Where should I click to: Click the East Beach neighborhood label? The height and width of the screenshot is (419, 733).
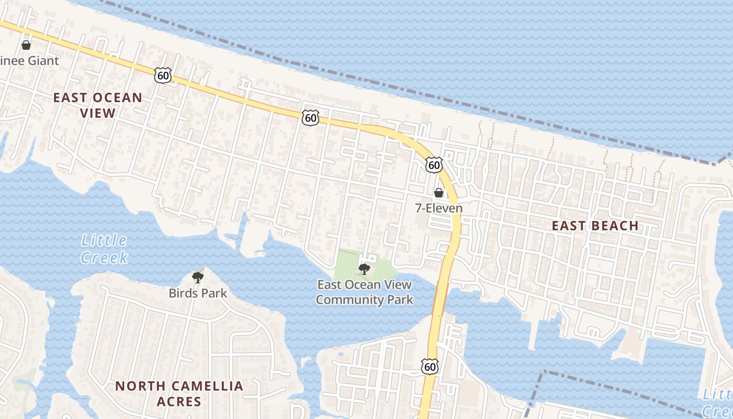[x=595, y=226]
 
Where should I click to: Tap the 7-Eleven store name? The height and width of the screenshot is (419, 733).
[x=439, y=208]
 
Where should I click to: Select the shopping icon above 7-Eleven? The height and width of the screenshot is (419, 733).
[x=439, y=193]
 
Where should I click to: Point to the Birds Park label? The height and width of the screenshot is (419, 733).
[x=198, y=293]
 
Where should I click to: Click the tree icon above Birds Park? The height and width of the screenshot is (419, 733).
[x=197, y=278]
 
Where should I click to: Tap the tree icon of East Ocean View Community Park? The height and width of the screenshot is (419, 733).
[x=364, y=269]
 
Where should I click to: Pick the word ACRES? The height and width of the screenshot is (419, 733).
[x=179, y=402]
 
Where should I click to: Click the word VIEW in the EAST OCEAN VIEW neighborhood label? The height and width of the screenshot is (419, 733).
[x=97, y=113]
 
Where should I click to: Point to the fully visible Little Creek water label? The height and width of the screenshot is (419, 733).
[x=104, y=249]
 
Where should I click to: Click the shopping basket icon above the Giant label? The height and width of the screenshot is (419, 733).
[x=26, y=46]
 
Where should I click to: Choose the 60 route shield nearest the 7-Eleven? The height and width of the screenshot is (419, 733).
[x=434, y=165]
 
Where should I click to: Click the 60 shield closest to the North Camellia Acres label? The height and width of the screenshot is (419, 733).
[x=429, y=367]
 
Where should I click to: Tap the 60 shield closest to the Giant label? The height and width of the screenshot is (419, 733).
[x=163, y=75]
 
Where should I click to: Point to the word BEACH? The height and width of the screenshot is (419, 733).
[x=614, y=226]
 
